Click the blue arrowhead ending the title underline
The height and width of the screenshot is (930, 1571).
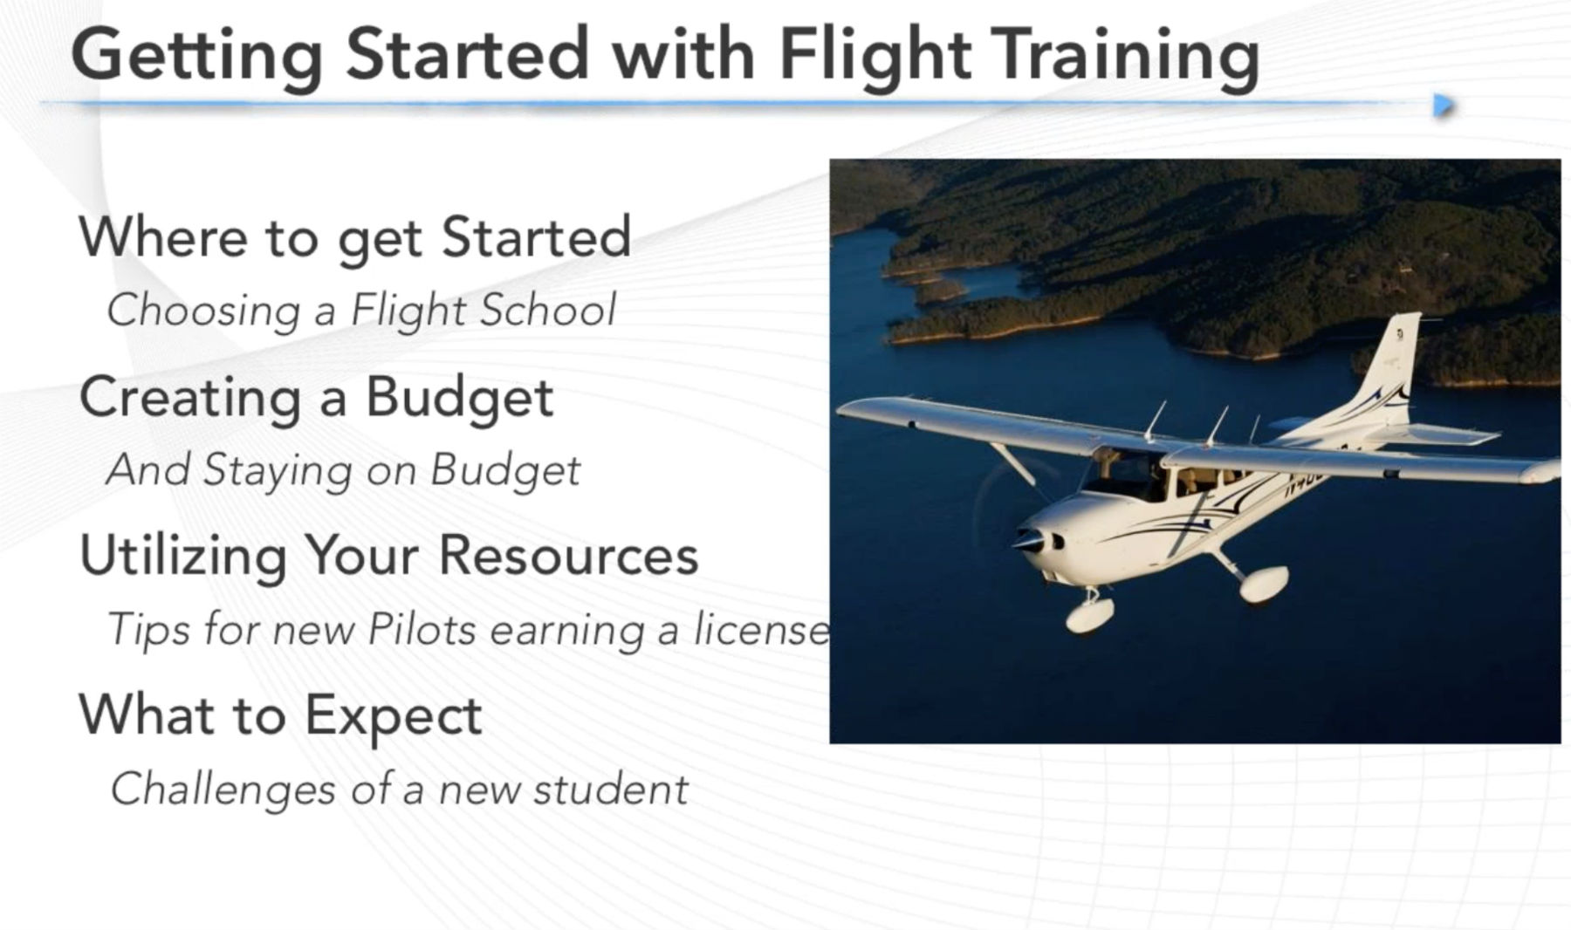1444,106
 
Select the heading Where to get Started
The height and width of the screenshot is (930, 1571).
354,237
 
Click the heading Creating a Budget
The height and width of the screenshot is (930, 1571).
316,398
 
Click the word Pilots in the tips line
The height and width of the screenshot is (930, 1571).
422,629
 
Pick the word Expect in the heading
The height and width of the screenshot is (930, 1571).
393,715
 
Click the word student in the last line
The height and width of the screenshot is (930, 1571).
611,790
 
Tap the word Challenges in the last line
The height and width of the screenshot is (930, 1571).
223,790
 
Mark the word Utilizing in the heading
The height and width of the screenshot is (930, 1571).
182,557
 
